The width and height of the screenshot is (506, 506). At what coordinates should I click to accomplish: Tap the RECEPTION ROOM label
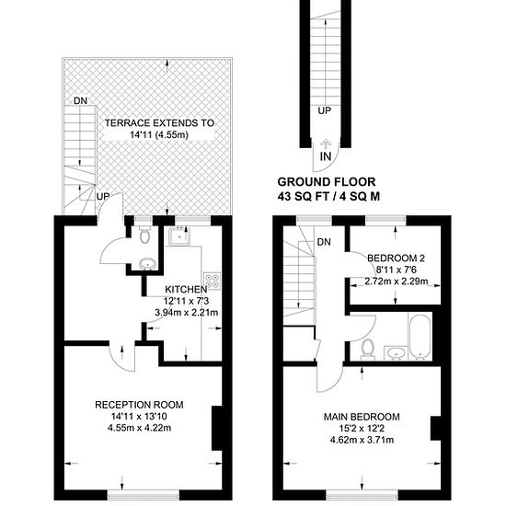pyautogui.click(x=139, y=405)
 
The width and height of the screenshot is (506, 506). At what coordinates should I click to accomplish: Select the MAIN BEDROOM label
pyautogui.click(x=362, y=417)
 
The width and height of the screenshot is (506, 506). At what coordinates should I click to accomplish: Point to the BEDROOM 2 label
pyautogui.click(x=396, y=259)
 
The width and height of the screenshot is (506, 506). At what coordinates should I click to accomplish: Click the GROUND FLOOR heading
pyautogui.click(x=327, y=182)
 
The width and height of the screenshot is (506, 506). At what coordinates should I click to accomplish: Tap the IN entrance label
pyautogui.click(x=326, y=156)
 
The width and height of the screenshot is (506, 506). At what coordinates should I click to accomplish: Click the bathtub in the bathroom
pyautogui.click(x=420, y=337)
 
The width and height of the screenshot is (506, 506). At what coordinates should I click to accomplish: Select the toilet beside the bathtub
pyautogui.click(x=368, y=349)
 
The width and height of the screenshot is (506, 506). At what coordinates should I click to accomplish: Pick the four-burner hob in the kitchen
pyautogui.click(x=212, y=281)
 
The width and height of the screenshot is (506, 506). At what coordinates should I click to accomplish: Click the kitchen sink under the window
pyautogui.click(x=179, y=236)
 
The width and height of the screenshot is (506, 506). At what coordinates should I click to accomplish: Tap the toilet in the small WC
pyautogui.click(x=145, y=235)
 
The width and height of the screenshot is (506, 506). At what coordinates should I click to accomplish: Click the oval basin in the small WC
pyautogui.click(x=147, y=264)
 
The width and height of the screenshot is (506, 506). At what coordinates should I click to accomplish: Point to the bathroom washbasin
pyautogui.click(x=396, y=353)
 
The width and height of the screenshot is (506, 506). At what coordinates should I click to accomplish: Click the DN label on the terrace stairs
pyautogui.click(x=80, y=100)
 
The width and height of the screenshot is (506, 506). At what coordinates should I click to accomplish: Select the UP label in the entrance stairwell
pyautogui.click(x=325, y=110)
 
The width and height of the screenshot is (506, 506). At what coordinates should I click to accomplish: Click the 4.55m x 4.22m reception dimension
pyautogui.click(x=140, y=428)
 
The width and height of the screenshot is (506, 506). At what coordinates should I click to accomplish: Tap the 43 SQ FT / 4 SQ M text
pyautogui.click(x=328, y=197)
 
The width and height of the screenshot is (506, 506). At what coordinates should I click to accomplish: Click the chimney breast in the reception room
pyautogui.click(x=217, y=428)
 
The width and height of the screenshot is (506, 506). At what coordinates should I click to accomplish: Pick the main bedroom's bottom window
pyautogui.click(x=362, y=494)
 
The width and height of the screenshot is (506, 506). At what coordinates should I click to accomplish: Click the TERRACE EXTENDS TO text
pyautogui.click(x=159, y=123)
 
